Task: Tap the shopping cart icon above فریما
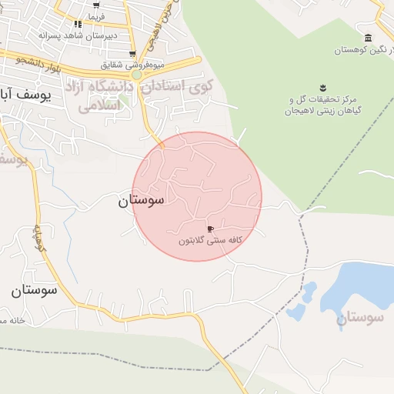click(x=95, y=6)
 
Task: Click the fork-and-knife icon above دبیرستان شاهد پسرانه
click(x=78, y=25)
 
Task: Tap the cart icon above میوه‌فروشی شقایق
click(x=133, y=54)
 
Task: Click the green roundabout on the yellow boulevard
click(x=137, y=75)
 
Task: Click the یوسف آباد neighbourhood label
click(x=23, y=93)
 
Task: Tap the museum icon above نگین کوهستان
click(x=368, y=38)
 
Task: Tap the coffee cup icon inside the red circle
click(x=210, y=229)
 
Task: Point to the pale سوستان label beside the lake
click(x=365, y=317)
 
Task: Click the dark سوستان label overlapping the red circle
click(x=141, y=202)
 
